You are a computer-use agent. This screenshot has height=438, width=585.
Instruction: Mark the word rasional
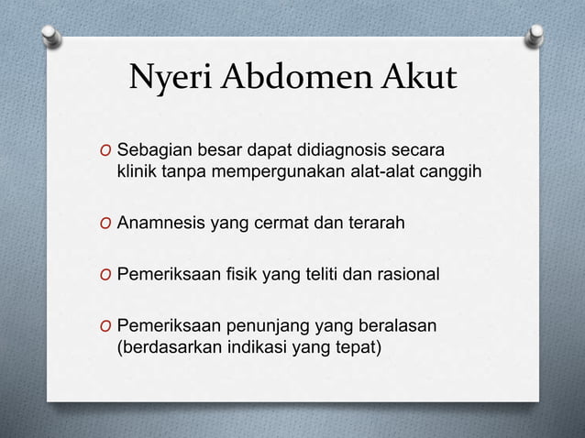click(407, 275)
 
